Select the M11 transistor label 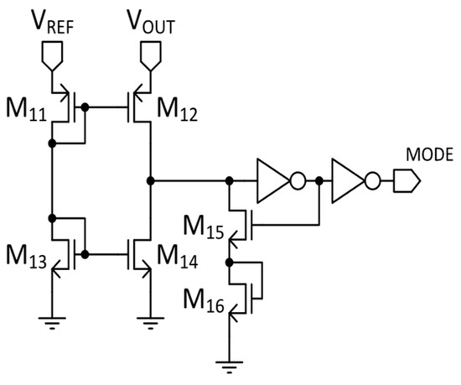(26, 109)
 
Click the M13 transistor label (26, 252)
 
